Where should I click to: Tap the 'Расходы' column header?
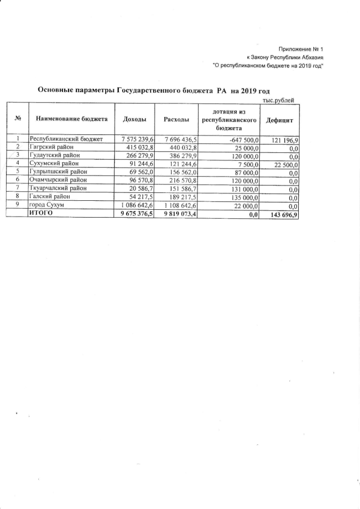176,120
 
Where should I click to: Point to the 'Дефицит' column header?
280,120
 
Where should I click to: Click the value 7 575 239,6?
137,138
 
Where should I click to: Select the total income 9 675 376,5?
137,214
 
